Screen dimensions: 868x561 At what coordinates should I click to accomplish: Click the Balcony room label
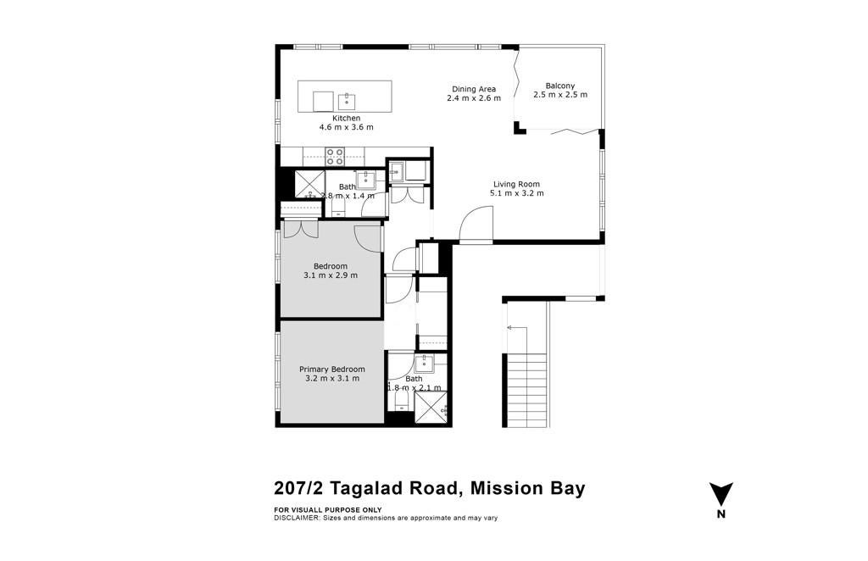click(x=560, y=86)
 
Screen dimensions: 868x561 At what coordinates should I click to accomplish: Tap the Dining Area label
click(x=474, y=88)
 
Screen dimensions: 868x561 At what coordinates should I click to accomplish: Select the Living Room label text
click(x=516, y=184)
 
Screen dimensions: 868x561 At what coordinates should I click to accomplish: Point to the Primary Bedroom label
click(x=332, y=369)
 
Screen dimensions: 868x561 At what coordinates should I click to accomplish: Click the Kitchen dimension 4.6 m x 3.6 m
click(x=346, y=127)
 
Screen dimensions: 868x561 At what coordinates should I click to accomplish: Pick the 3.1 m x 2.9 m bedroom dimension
click(x=331, y=275)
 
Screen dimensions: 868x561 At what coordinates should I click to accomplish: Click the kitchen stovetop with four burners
click(x=334, y=157)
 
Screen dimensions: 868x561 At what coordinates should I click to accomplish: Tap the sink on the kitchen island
click(x=347, y=102)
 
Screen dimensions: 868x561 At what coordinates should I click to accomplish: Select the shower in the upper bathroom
click(x=309, y=185)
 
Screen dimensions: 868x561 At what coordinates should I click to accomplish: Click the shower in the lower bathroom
click(x=430, y=408)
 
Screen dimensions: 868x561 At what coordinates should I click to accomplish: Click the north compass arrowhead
click(x=721, y=493)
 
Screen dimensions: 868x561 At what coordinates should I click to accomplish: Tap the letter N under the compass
click(x=721, y=514)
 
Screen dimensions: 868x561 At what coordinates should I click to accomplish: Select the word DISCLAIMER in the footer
click(x=296, y=519)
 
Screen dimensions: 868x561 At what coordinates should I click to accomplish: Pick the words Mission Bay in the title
click(x=527, y=489)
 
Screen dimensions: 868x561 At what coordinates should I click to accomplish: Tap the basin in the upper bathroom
click(x=365, y=179)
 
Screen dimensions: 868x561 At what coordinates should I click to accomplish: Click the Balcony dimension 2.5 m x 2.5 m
click(x=560, y=95)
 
